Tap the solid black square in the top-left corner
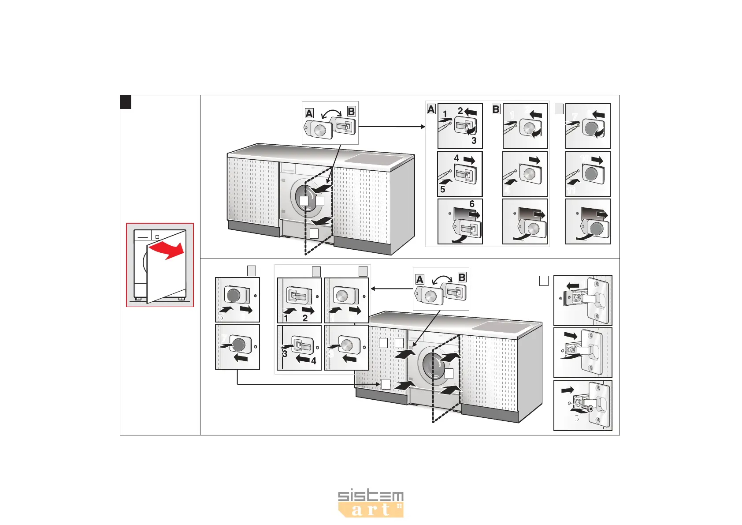click(126, 102)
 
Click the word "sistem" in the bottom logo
click(371, 496)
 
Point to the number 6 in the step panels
click(472, 204)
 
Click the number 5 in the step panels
click(443, 189)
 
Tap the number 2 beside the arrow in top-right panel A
click(460, 111)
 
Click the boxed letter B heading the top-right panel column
click(496, 109)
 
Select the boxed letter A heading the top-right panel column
click(431, 109)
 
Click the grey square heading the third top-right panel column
click(559, 109)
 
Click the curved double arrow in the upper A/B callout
click(330, 113)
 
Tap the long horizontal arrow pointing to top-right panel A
click(392, 127)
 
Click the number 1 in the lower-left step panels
click(286, 318)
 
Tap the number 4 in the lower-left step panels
click(314, 361)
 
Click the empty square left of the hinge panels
click(544, 281)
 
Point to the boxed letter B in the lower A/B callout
click(462, 277)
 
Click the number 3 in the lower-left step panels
click(285, 354)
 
